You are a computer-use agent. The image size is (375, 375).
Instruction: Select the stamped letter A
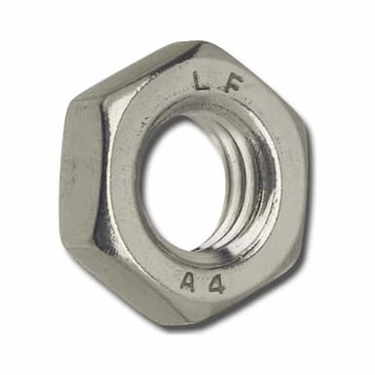click(189, 282)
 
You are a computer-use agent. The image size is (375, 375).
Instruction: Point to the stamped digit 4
click(216, 286)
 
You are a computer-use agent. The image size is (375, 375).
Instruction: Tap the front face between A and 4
click(203, 285)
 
